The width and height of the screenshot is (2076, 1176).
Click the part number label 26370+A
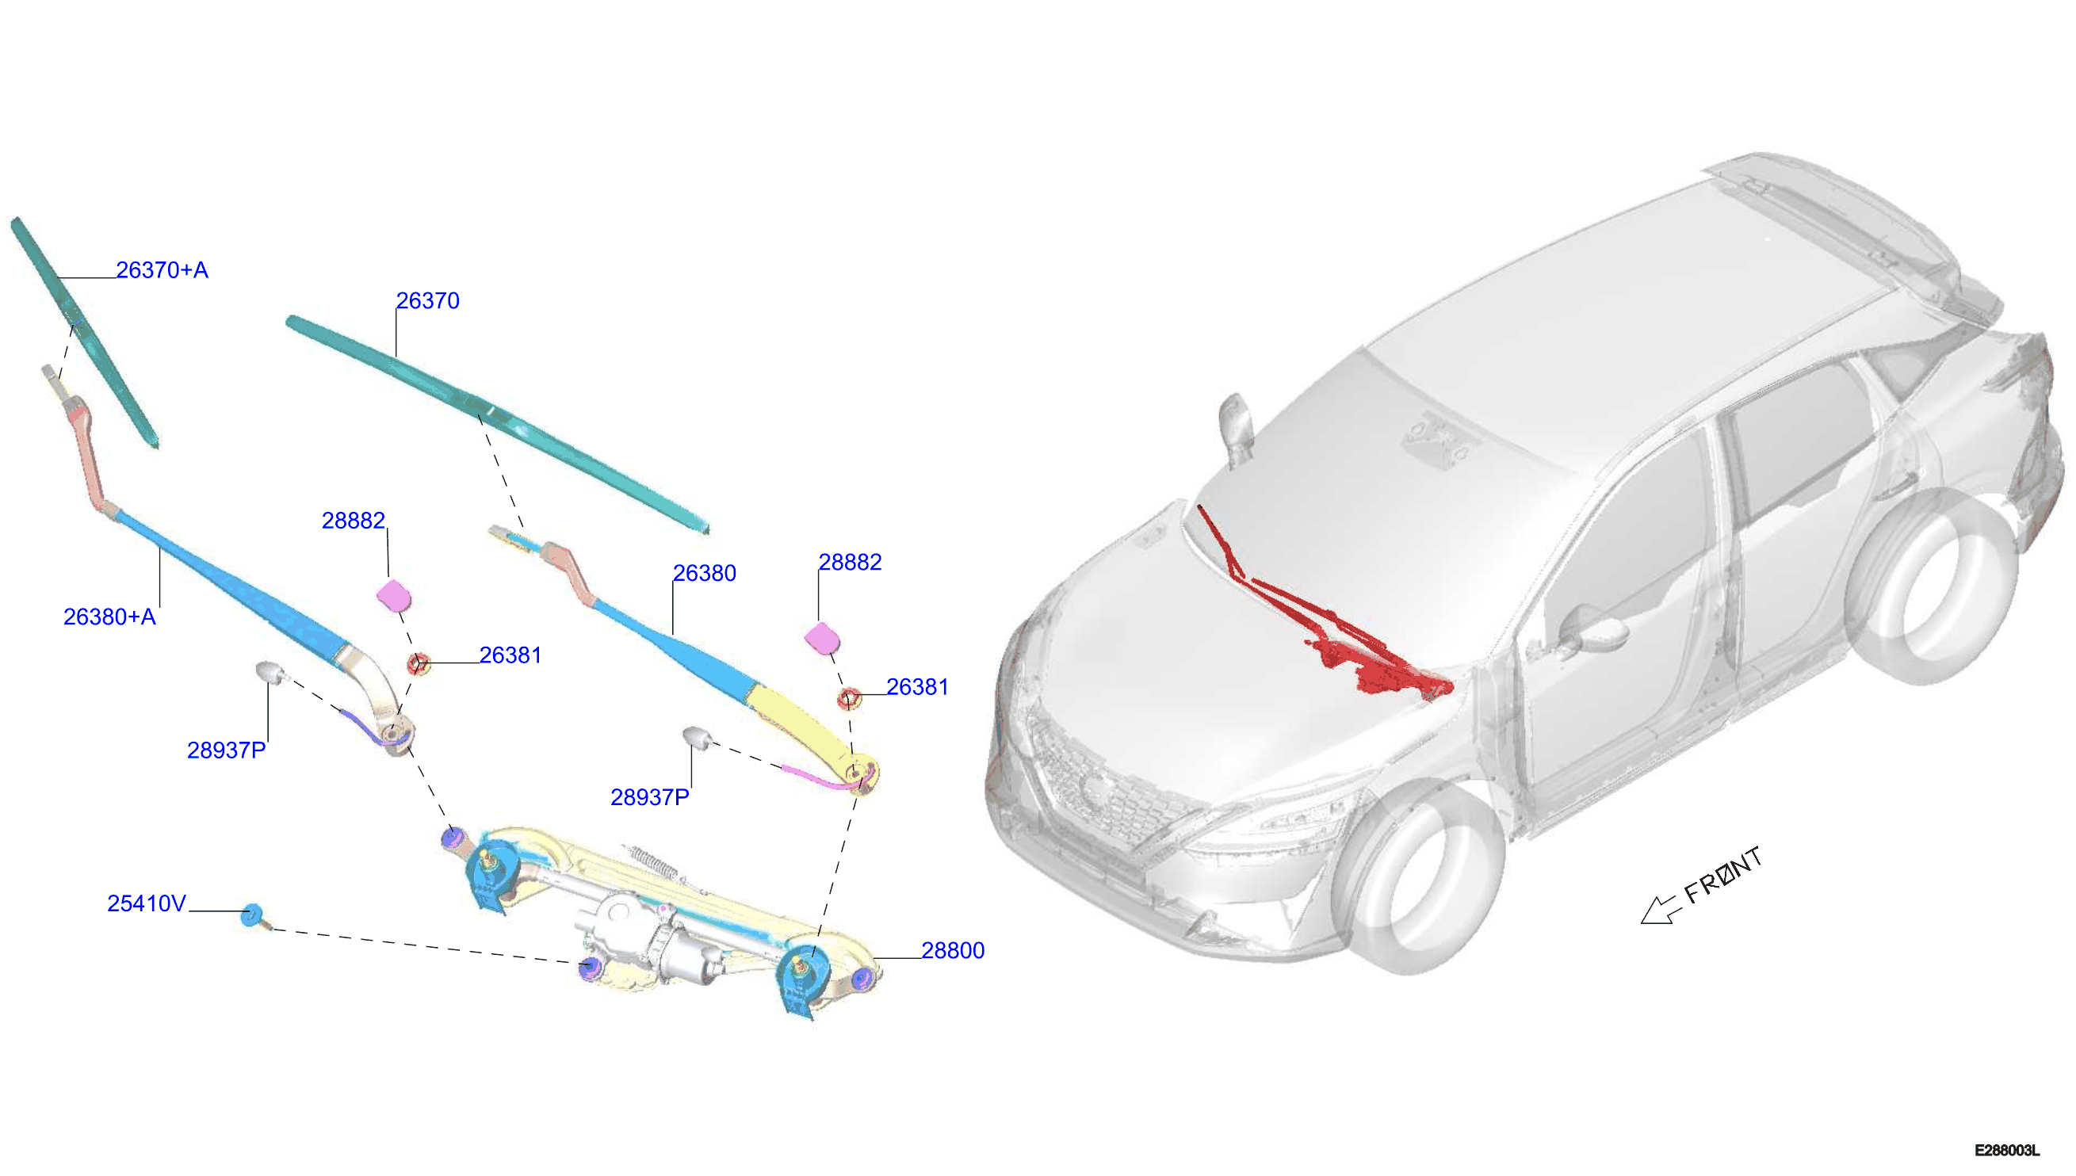point(162,269)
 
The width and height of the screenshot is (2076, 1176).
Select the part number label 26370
point(427,300)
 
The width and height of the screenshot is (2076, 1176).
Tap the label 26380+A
point(109,617)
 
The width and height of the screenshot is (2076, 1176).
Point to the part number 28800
point(952,951)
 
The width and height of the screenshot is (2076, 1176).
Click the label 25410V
point(146,904)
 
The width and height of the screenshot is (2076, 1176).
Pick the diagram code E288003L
point(2006,1150)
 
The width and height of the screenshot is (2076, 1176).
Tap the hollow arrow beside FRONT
point(1659,910)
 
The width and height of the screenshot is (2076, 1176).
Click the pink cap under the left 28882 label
point(394,596)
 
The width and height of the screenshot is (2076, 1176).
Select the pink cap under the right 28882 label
point(822,637)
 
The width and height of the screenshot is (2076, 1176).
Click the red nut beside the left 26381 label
point(418,665)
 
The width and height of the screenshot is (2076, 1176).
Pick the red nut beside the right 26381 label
point(849,698)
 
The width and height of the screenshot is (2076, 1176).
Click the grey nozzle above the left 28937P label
point(271,672)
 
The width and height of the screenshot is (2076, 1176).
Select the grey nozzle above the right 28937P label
point(698,738)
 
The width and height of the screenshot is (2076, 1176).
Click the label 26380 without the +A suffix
point(705,574)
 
